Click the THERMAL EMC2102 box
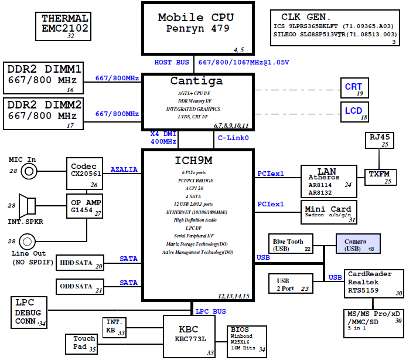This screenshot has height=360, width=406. tap(65, 26)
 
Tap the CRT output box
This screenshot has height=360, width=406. tap(354, 89)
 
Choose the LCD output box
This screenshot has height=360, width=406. tap(354, 111)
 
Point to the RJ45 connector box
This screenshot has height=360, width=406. tap(379, 140)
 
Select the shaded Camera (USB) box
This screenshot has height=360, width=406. tap(357, 244)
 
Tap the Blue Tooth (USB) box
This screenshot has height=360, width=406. tap(292, 244)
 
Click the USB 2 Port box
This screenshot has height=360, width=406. tap(292, 284)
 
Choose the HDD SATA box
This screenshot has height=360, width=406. tap(80, 263)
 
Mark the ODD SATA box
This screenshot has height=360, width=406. tap(80, 287)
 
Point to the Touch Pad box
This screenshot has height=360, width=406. tap(84, 343)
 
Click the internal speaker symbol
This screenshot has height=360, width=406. tap(27, 205)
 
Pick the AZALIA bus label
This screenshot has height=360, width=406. tap(124, 169)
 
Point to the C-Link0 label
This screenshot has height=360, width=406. tap(233, 138)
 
